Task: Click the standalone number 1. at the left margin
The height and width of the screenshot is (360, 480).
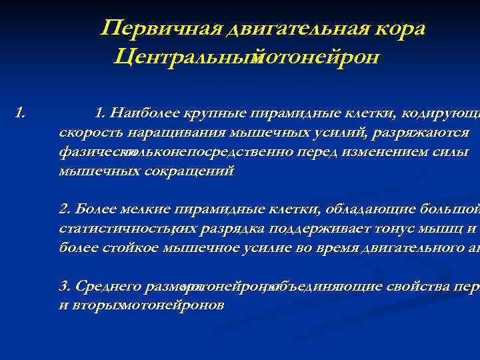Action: click(20, 111)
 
